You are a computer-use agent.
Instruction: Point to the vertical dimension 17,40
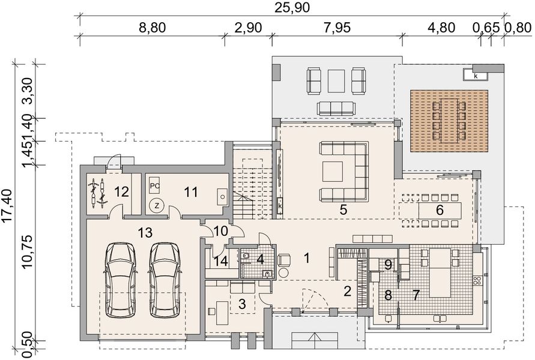coord(8,204)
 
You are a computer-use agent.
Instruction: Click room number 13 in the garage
coord(145,232)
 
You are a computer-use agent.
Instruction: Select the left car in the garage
coord(122,280)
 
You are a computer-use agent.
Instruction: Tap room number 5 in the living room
coord(343,210)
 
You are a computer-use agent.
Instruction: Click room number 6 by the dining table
coord(439,210)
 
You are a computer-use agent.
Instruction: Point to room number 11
coord(191,192)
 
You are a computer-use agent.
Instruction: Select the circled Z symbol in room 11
coord(156,205)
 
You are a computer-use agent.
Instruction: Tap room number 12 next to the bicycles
coord(121,192)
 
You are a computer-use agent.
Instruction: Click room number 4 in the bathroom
coord(261,260)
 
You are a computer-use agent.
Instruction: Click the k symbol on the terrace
coord(475,76)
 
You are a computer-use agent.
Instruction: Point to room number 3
coord(241,304)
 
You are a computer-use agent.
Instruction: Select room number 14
coord(220,261)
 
